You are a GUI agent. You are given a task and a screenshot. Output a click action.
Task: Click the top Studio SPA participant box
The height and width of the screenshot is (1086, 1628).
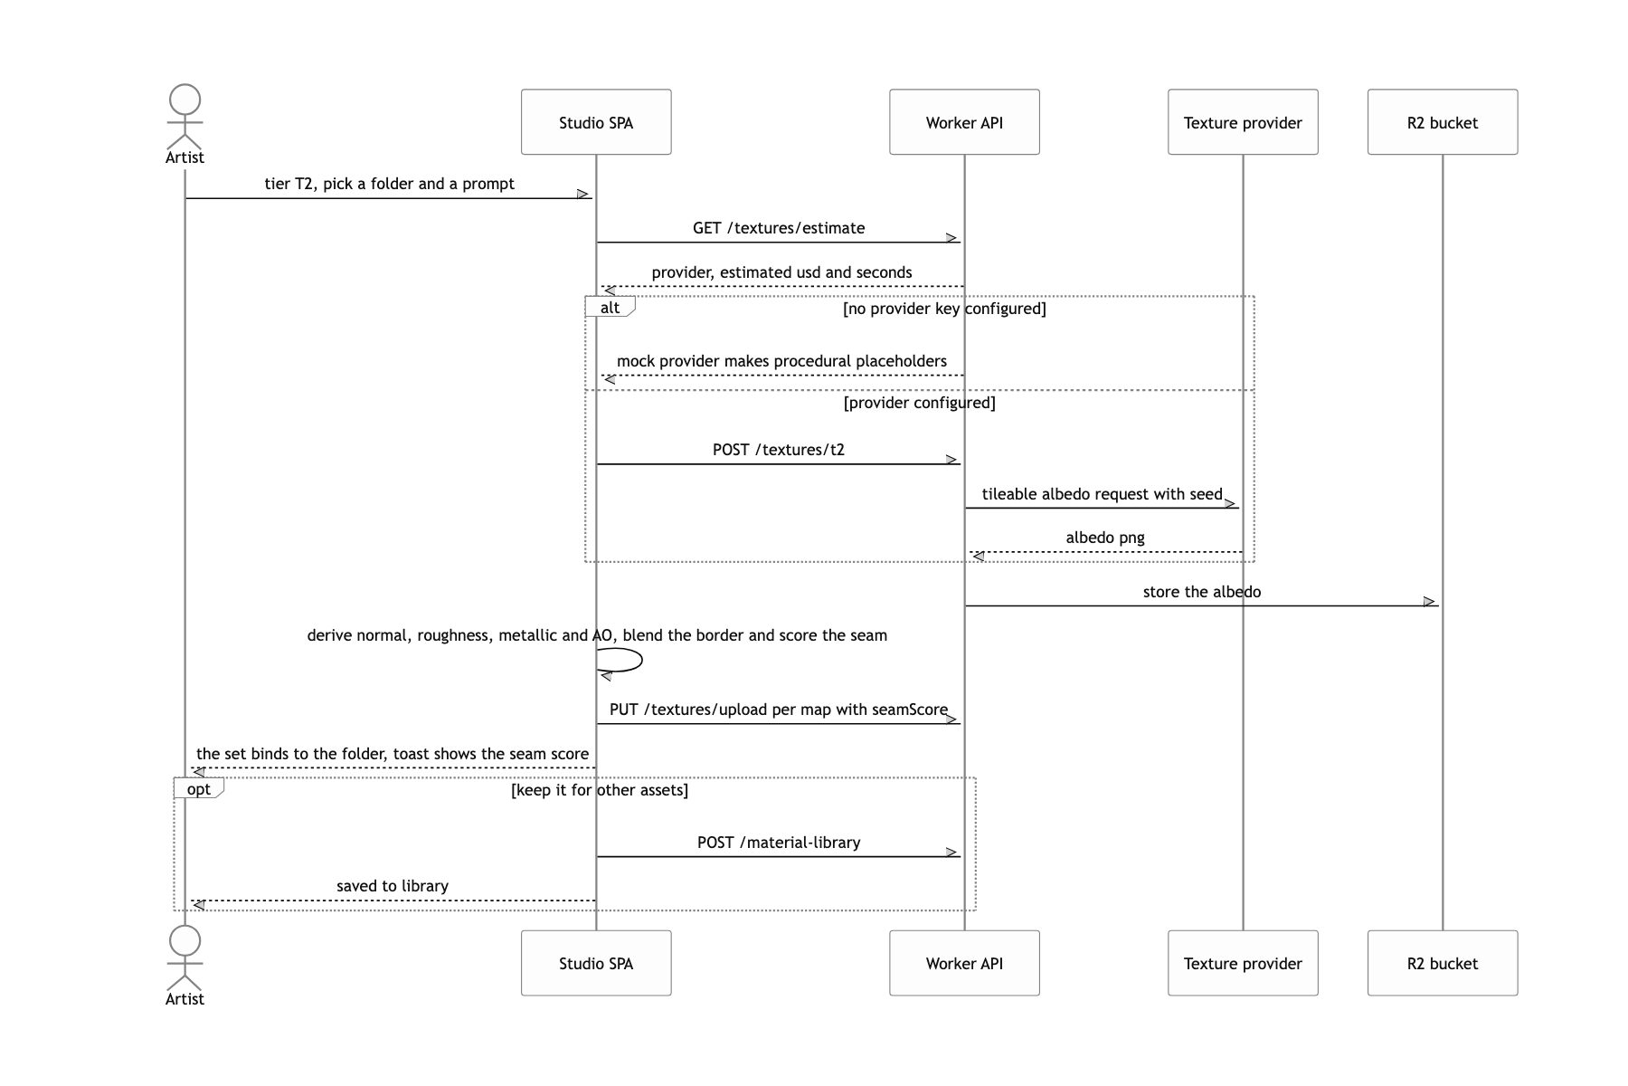point(596,122)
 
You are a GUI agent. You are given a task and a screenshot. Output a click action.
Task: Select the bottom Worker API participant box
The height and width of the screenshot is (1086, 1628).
point(964,963)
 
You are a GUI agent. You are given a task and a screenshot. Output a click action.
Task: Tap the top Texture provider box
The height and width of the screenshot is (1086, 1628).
point(1243,122)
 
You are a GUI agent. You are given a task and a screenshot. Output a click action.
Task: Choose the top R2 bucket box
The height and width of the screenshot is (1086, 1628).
point(1443,122)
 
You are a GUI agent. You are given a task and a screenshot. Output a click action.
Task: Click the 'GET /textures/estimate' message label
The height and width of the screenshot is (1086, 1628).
point(779,228)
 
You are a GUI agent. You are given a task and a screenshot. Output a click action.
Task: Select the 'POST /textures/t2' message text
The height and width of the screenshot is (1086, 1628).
point(779,450)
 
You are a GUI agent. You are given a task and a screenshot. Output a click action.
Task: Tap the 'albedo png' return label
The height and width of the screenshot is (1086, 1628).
point(1105,538)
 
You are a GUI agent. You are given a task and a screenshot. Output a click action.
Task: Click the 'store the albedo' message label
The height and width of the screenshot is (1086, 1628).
point(1202,592)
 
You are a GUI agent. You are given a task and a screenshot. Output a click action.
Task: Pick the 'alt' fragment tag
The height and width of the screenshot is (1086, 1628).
point(610,307)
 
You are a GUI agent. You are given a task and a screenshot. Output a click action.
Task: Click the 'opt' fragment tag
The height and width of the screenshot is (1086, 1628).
point(199,788)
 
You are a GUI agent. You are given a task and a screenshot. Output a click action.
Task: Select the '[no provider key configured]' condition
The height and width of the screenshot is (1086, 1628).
point(944,309)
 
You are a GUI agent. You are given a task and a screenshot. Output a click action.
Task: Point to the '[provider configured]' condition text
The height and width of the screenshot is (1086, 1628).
point(920,403)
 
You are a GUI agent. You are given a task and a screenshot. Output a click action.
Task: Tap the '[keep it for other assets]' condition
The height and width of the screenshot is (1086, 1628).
point(600,790)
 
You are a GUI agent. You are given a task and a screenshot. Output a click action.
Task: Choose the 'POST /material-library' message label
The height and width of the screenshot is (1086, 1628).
point(779,843)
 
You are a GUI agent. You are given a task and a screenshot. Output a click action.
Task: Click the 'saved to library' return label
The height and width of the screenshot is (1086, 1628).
point(393,886)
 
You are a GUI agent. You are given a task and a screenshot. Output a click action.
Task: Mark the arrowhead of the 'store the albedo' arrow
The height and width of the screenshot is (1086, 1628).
point(1431,602)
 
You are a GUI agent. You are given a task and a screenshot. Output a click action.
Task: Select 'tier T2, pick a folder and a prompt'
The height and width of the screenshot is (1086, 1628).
point(390,184)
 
